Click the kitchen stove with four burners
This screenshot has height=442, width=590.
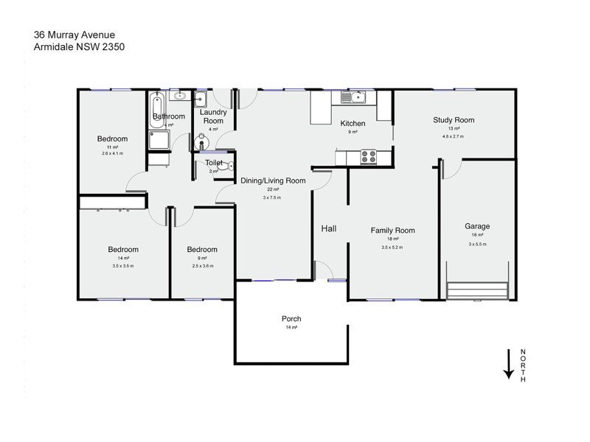coord(367,156)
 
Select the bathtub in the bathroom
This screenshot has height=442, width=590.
coord(156,110)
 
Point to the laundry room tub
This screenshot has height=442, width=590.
coord(201,99)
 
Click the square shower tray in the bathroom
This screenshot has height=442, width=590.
coord(159,141)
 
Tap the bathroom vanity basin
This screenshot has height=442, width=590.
coord(179,96)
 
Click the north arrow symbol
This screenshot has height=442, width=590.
coord(508,364)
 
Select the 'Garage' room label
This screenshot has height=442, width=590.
coord(476,226)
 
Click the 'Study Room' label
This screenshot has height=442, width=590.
coord(454,120)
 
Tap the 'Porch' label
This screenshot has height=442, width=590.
coord(291,319)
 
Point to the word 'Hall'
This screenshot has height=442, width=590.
coord(328,229)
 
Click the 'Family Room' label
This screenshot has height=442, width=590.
coord(392,231)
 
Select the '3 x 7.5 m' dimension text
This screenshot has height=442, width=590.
coord(272,198)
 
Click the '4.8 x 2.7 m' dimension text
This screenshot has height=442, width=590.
coord(454,136)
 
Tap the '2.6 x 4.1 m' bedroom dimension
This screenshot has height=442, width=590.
coord(112,154)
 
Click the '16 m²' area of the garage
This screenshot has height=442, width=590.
coord(476,235)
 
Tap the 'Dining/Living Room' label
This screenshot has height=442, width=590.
coord(273,180)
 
